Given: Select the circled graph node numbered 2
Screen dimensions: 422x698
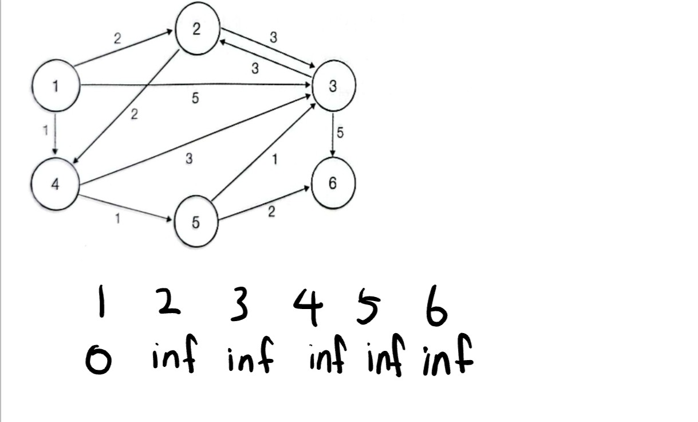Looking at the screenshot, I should pos(196,30).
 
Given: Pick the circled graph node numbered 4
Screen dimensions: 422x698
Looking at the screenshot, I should pos(55,185).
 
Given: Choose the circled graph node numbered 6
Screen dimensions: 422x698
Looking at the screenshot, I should pos(333,184).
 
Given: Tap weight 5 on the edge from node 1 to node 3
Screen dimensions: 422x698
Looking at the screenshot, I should pos(195,99).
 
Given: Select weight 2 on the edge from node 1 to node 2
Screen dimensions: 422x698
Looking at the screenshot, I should pos(117,38).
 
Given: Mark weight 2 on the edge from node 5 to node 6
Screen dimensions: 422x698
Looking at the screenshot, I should pos(271,212).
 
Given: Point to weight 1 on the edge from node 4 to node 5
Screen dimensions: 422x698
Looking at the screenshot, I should pos(118,218).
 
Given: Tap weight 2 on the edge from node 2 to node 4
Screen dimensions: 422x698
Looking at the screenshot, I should pos(134,115).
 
